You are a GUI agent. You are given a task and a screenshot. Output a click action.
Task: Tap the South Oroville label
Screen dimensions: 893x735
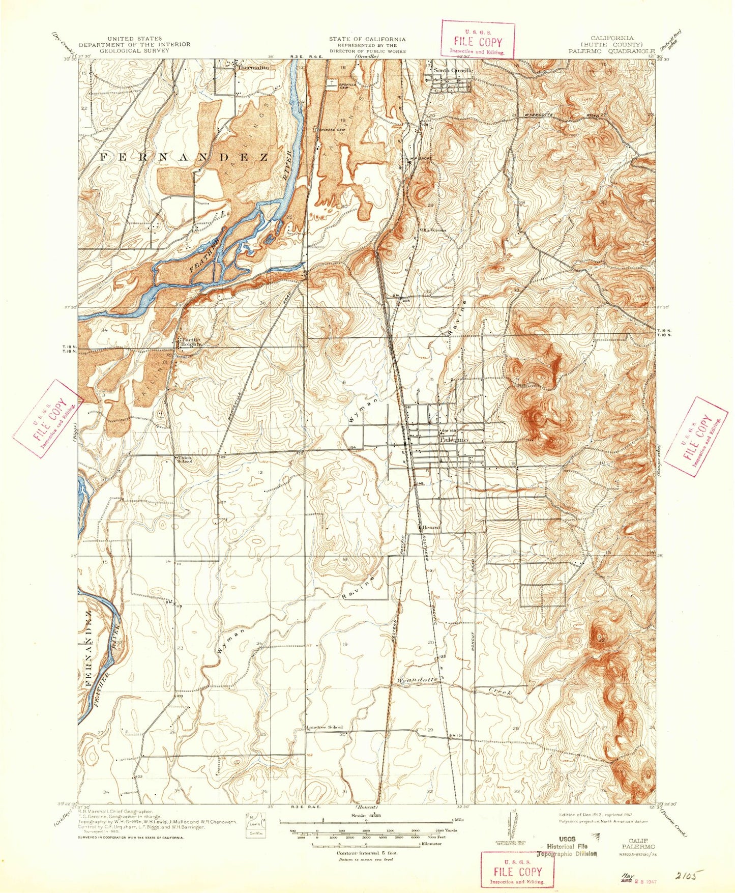[452, 70]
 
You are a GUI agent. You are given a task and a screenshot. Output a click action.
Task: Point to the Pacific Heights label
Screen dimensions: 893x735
[189, 341]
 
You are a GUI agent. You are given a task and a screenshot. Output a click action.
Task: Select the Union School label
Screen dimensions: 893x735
[184, 459]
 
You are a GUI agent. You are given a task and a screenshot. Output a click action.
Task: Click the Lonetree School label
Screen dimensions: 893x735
[325, 727]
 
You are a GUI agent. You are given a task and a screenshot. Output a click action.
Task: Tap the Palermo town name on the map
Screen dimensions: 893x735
[454, 439]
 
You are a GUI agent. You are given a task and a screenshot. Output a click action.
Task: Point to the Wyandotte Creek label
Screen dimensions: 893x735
[417, 680]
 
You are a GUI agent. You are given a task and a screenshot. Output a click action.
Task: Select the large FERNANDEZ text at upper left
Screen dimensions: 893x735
[183, 157]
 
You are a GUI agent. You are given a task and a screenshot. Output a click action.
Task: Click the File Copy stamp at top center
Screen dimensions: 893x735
[478, 40]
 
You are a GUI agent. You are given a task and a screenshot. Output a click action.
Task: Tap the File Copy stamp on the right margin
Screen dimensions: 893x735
[696, 437]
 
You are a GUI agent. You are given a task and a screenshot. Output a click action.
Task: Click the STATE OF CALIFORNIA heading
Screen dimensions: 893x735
[367, 39]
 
